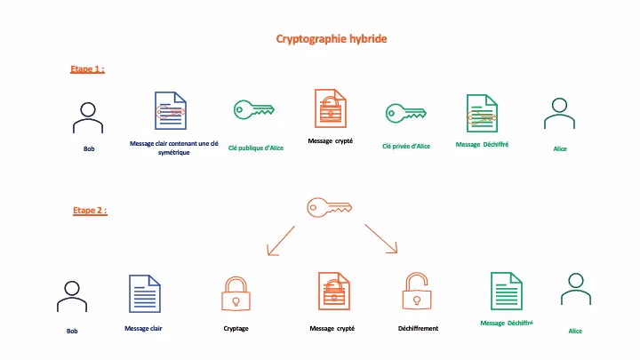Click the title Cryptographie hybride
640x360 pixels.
click(332, 39)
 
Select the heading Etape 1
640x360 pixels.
click(87, 68)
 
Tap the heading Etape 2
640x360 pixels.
click(89, 211)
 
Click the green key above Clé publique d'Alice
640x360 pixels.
click(253, 110)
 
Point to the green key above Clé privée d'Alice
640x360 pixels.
click(405, 113)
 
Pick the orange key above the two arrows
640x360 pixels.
click(326, 207)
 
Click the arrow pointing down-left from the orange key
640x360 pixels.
click(280, 240)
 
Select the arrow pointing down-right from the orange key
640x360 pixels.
click(381, 240)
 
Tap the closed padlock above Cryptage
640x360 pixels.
click(236, 294)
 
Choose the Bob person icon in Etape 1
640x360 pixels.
click(86, 117)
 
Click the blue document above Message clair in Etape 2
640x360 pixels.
click(145, 294)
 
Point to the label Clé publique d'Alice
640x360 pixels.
click(256, 148)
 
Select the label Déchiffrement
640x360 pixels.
click(418, 328)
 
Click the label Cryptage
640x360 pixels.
click(236, 328)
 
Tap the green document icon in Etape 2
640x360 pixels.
click(506, 292)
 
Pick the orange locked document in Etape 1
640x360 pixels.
click(331, 110)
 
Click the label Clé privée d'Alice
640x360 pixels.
click(406, 146)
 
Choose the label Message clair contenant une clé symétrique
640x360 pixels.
click(173, 148)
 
